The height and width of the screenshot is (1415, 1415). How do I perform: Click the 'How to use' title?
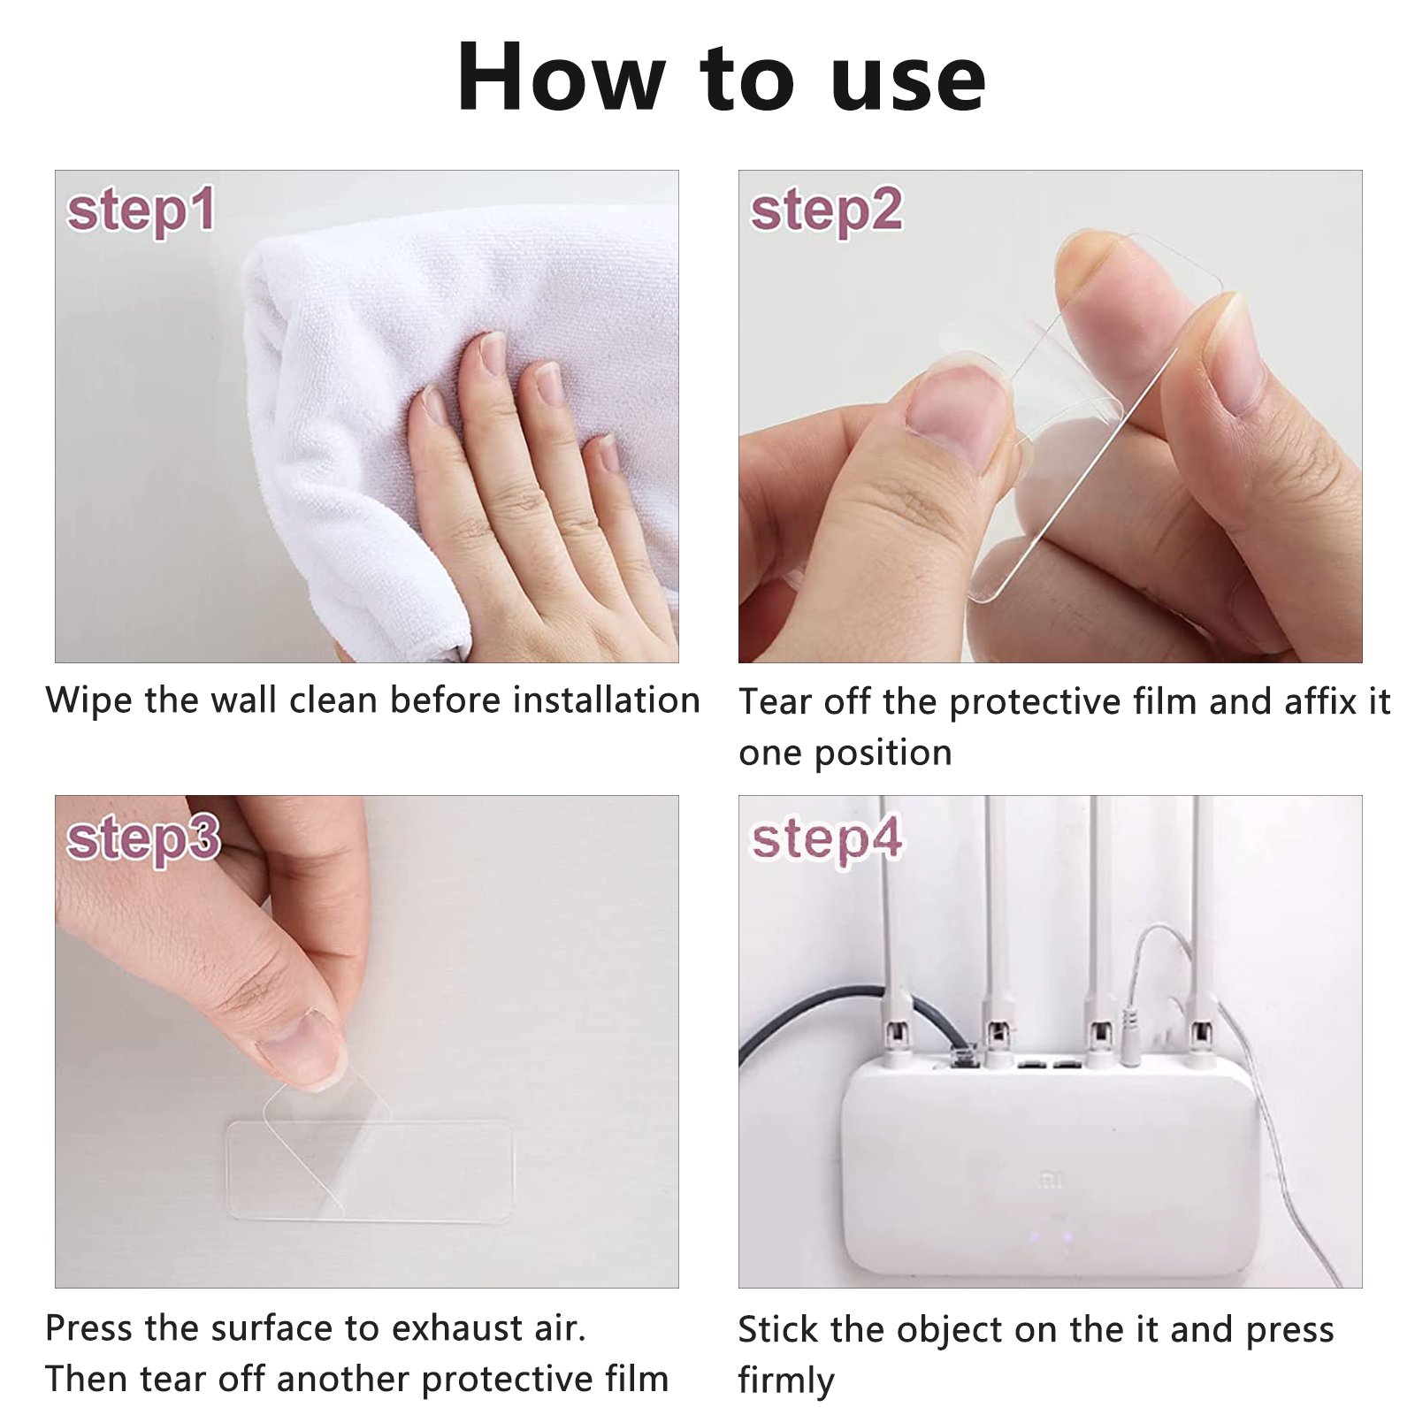(x=721, y=78)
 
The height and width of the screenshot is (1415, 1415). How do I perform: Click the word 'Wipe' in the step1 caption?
(x=89, y=700)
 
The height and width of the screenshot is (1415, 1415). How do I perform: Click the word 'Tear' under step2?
(x=776, y=702)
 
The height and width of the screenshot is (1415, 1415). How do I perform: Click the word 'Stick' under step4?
(x=778, y=1329)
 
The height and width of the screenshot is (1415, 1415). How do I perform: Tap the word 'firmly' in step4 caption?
(x=786, y=1381)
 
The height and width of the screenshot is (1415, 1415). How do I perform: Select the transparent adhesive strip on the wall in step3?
(x=370, y=1172)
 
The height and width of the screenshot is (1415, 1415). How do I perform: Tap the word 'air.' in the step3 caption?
(x=560, y=1328)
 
